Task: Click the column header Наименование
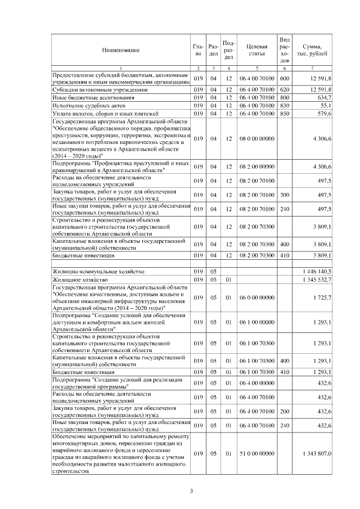click(121, 51)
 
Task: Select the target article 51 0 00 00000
click(256, 453)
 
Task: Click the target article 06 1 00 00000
click(256, 322)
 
